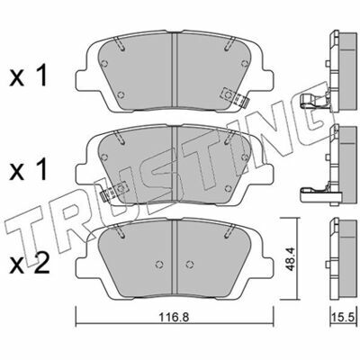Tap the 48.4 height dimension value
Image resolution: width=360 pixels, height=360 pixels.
292,259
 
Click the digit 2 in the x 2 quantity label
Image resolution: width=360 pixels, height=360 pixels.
41,265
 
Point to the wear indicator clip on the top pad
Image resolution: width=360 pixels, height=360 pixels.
235,97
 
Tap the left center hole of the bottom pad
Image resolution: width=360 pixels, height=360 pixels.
159,264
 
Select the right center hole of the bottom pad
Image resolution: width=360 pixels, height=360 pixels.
189,265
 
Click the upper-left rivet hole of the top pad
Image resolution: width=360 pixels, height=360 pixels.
104,63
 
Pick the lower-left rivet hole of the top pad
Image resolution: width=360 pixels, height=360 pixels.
121,95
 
